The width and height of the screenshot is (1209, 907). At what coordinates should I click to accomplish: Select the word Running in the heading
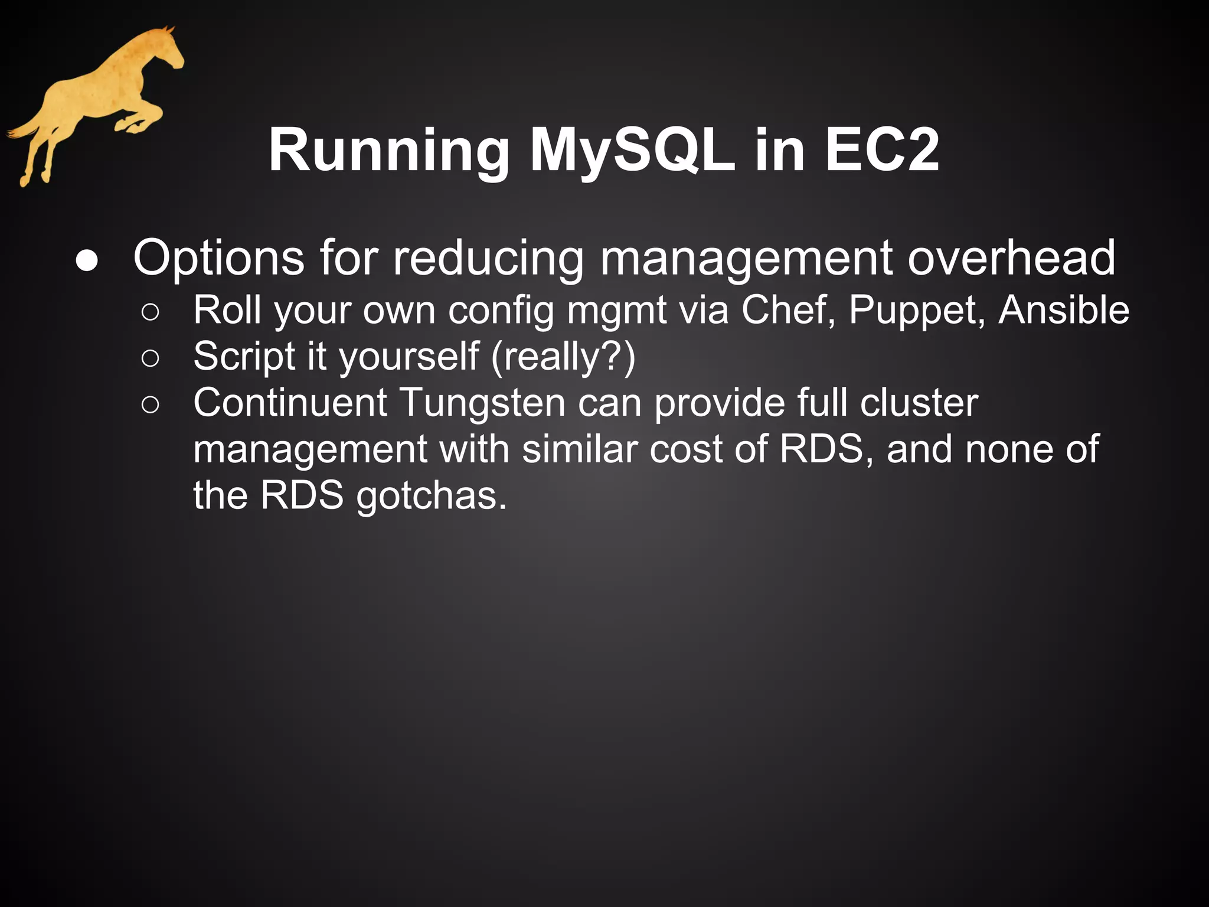coord(389,152)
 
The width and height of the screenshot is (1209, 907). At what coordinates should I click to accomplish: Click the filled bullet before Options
coord(87,262)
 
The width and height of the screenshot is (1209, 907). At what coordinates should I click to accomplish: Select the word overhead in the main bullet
coord(1011,258)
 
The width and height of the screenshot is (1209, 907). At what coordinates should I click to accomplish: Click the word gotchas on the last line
coord(432,496)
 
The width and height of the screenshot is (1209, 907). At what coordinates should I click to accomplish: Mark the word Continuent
coord(290,403)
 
